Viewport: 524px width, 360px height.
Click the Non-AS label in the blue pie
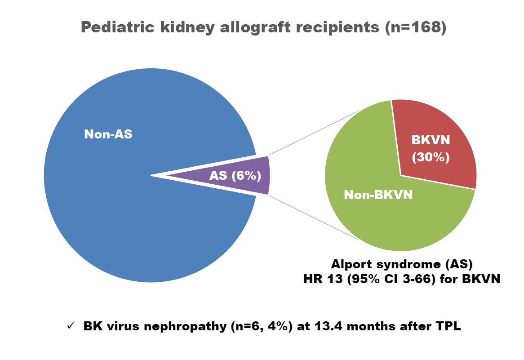tap(108, 134)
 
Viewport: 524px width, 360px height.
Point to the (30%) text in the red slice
tap(431, 158)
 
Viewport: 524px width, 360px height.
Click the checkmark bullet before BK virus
tap(70, 327)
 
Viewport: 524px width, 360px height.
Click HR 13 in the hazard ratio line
tap(318, 279)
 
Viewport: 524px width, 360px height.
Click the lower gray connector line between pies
tap(315, 218)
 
